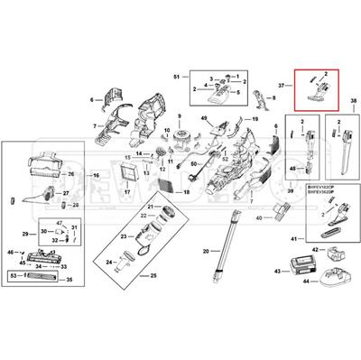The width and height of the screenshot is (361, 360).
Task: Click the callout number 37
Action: click(x=281, y=87)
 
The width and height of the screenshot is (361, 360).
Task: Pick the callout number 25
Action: click(x=153, y=274)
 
